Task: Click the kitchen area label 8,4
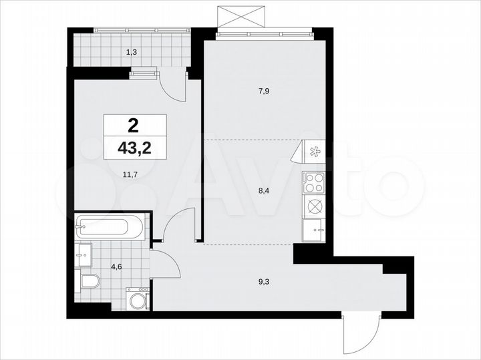(x=266, y=189)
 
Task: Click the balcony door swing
(x=173, y=87)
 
